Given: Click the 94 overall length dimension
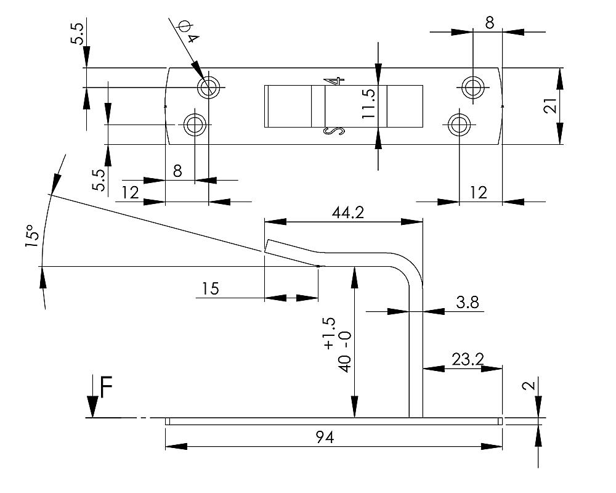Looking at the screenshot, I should pos(325,438).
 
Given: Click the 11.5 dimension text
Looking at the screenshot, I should pos(369,105).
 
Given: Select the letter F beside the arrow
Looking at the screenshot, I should pos(106,389).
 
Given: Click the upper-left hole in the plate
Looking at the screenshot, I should pos(209,88).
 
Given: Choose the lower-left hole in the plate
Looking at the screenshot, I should pos(195,125).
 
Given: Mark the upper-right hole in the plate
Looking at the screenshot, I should pos(472,87).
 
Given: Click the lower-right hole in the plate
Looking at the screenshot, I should pos(458,125).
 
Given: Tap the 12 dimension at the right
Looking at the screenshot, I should pos(478,193).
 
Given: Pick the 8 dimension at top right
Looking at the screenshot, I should pos(489,23).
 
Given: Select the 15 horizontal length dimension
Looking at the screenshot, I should pos(211,288).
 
